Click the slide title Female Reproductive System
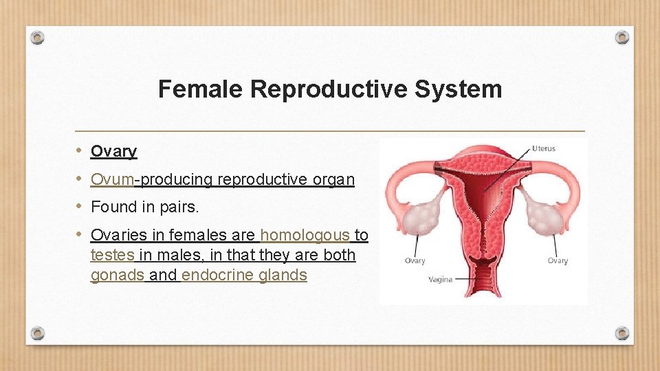330,89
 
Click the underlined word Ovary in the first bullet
113,151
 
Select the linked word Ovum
112,179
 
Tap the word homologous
305,235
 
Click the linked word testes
113,255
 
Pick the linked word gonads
118,276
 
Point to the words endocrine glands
244,276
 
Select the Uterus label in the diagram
543,148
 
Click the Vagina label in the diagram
440,280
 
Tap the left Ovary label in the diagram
415,261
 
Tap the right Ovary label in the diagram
558,261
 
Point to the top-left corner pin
38,36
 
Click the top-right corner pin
621,36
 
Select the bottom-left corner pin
38,333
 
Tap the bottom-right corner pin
621,333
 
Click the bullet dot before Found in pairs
80,206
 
